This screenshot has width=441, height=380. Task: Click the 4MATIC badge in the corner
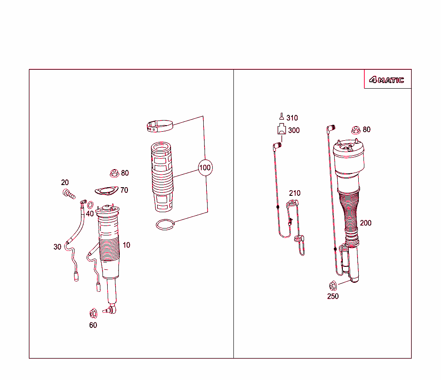387,80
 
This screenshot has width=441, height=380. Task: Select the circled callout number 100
205,167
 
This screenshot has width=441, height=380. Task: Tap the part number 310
292,118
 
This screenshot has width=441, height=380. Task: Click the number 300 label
294,130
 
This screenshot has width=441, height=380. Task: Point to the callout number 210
295,193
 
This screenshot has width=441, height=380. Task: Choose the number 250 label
333,296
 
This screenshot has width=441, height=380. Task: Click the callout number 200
366,223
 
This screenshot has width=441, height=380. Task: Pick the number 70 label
124,190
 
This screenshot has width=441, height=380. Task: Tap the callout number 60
93,325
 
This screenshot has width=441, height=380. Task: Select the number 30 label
57,247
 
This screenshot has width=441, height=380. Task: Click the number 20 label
65,182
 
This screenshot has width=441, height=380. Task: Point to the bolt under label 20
69,194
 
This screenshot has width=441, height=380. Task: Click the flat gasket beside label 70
106,191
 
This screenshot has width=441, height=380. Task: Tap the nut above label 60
93,313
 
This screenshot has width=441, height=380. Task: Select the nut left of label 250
333,286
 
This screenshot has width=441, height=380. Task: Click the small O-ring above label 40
90,205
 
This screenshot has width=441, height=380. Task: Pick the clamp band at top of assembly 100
160,126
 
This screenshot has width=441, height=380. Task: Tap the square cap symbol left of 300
282,129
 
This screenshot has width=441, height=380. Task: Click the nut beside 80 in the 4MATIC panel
356,130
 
